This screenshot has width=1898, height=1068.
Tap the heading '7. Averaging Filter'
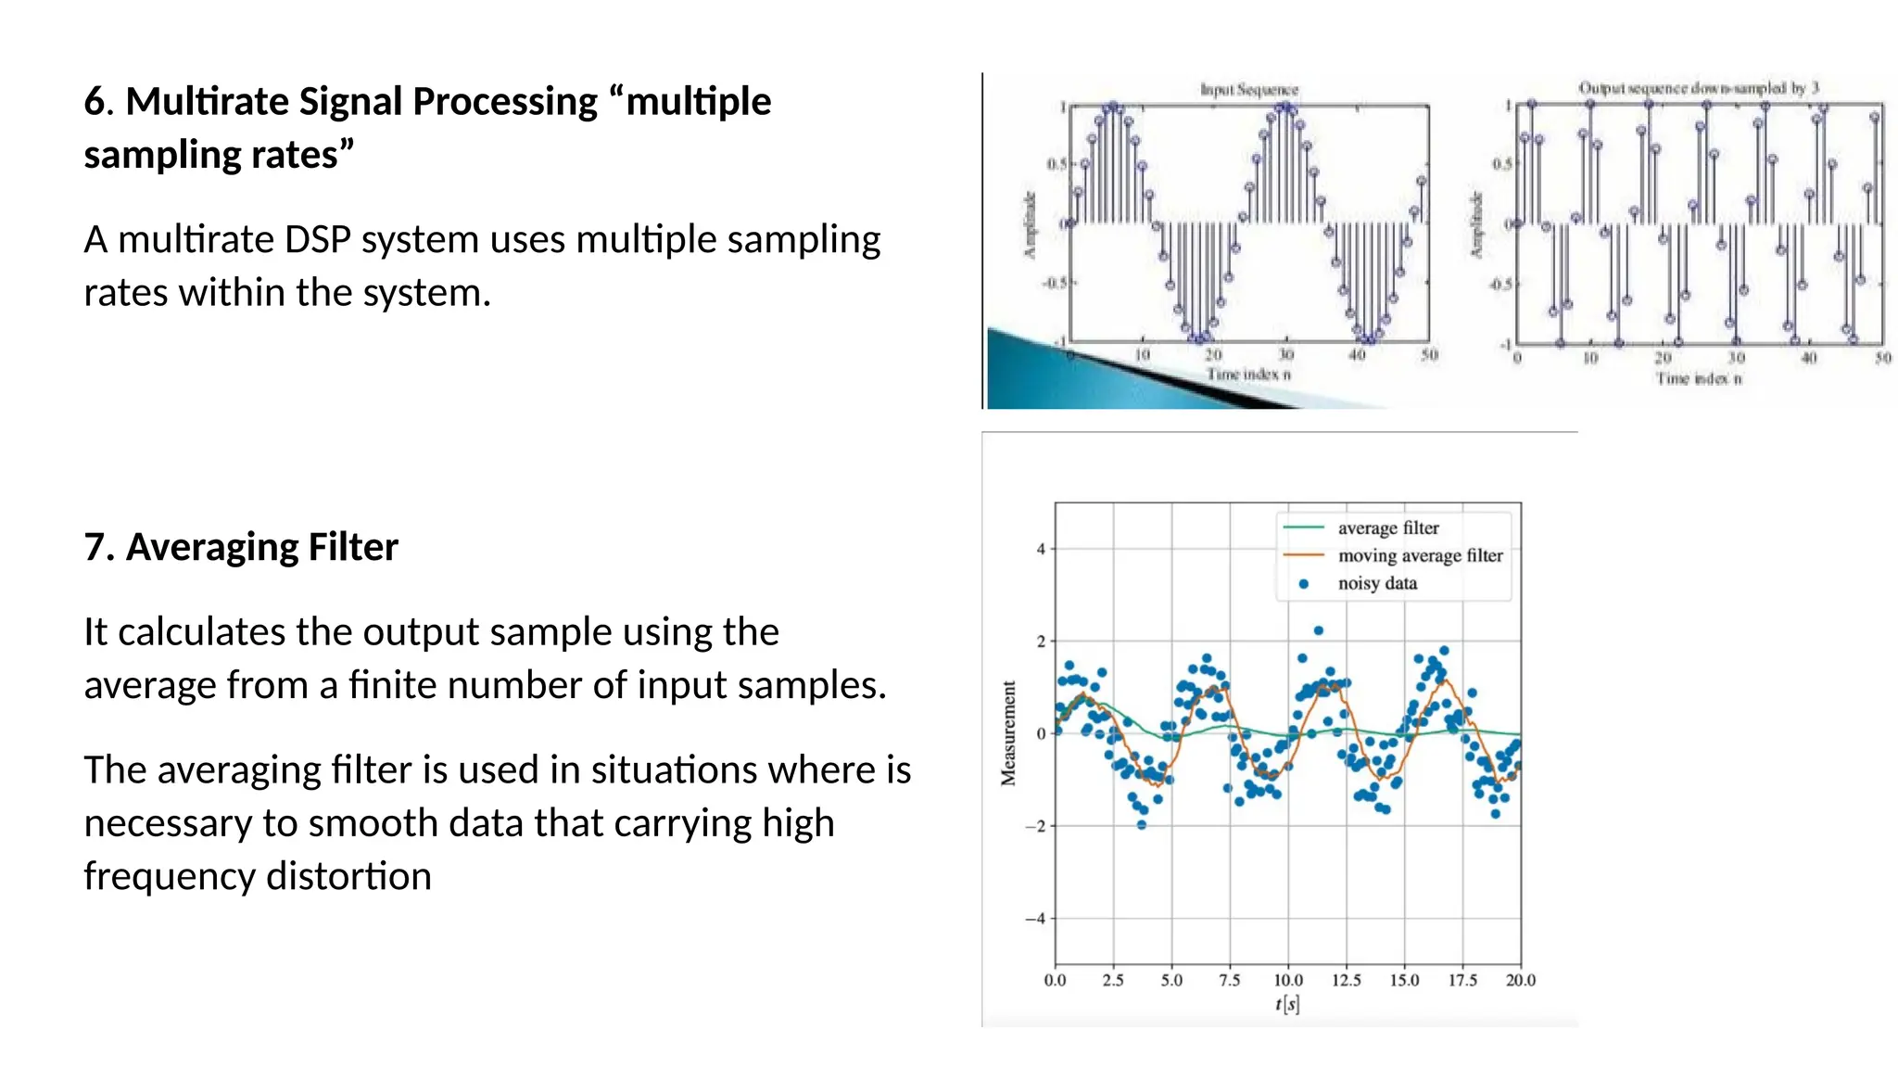point(241,547)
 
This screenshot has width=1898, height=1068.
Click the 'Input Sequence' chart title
point(1249,90)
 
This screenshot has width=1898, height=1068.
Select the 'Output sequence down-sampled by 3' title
point(1698,88)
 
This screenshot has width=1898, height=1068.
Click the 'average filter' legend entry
point(1387,528)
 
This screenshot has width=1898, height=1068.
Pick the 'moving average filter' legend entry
point(1420,555)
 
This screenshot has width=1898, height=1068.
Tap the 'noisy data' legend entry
point(1377,583)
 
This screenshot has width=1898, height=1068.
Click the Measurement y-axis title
point(1008,733)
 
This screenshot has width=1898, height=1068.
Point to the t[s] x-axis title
point(1287,1004)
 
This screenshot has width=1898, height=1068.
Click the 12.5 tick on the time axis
point(1346,980)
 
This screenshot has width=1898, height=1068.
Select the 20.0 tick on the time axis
point(1520,980)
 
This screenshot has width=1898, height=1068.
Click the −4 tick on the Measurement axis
point(1035,919)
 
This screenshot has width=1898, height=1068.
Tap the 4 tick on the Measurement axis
point(1040,549)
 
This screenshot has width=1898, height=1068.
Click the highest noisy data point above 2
point(1319,630)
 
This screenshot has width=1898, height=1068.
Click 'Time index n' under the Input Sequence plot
point(1248,375)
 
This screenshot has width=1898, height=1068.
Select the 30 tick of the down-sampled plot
point(1736,358)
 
